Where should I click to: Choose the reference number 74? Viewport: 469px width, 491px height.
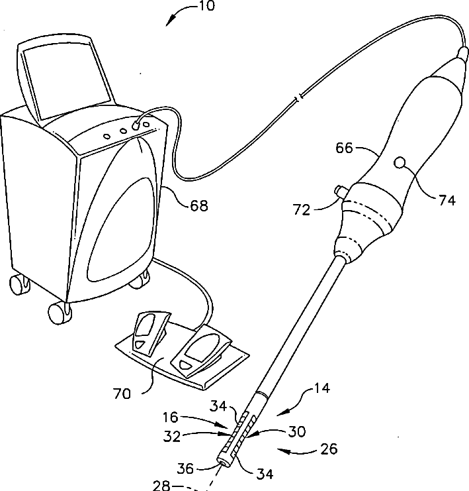pos(447,200)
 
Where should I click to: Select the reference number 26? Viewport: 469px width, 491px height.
pos(328,449)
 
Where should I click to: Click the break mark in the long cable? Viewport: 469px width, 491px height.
pos(298,99)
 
